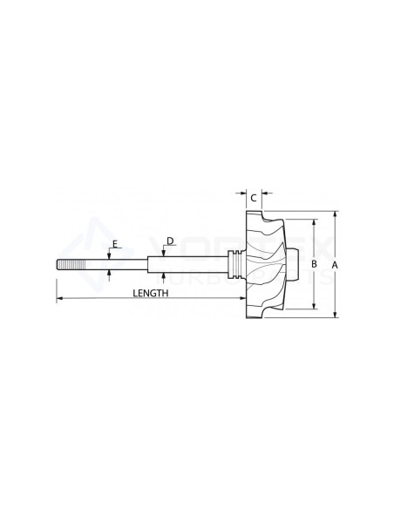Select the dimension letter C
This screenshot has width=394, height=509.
[253, 199]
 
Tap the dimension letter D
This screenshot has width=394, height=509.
[170, 240]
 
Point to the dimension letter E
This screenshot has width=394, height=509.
[113, 245]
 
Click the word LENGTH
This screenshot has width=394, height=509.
[150, 294]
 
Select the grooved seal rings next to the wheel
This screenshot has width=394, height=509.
[233, 263]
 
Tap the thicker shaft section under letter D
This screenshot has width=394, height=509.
[192, 263]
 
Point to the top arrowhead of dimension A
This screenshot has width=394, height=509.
[334, 214]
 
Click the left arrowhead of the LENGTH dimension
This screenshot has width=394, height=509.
[60, 299]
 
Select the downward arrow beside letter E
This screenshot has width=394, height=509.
[109, 254]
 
